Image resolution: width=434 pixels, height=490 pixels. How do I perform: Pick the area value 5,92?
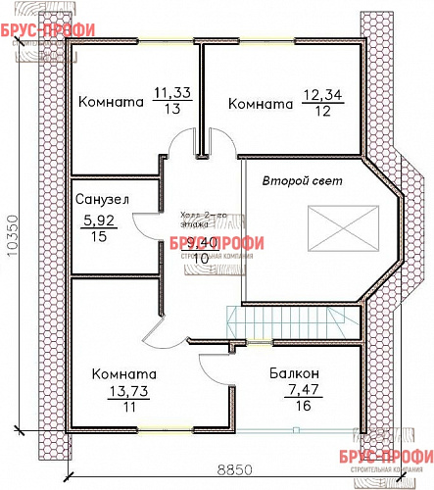(98, 220)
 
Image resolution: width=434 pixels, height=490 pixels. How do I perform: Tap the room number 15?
(98, 236)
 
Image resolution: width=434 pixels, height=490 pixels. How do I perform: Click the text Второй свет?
(295, 182)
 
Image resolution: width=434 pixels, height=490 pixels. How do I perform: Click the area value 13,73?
(125, 392)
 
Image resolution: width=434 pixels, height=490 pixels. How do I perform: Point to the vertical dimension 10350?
(13, 235)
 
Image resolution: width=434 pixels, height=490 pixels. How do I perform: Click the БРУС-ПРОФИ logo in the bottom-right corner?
(396, 459)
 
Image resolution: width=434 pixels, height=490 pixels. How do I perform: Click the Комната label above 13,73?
(124, 374)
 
